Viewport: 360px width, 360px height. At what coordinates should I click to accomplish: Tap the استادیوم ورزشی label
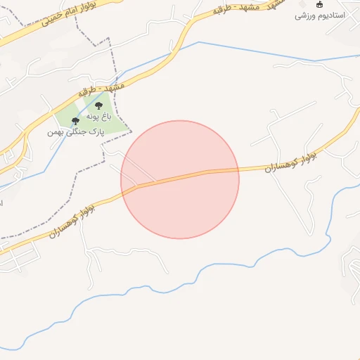click(x=319, y=15)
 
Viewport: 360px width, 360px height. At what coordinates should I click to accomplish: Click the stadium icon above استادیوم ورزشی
click(x=320, y=4)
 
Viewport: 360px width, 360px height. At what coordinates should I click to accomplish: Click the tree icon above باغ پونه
click(x=98, y=106)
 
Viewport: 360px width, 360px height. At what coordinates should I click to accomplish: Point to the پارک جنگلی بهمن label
click(x=76, y=131)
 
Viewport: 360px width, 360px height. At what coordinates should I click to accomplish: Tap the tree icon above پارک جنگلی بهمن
click(x=75, y=121)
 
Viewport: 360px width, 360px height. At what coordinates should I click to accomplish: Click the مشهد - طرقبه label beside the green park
click(x=103, y=91)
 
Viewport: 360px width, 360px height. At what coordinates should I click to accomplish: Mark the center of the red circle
click(x=180, y=179)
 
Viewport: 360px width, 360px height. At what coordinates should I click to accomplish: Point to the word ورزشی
click(x=305, y=15)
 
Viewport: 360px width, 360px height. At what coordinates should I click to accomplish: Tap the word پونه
click(x=94, y=117)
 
